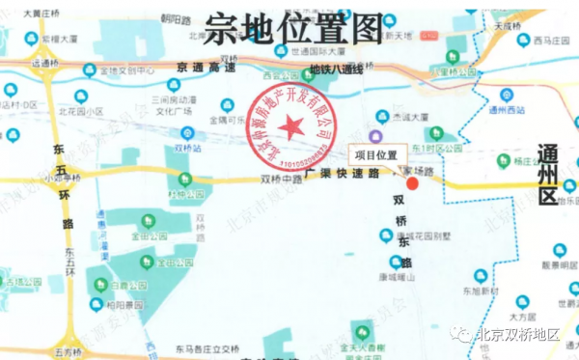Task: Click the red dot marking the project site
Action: point(412,183)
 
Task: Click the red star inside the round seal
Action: point(290,125)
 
